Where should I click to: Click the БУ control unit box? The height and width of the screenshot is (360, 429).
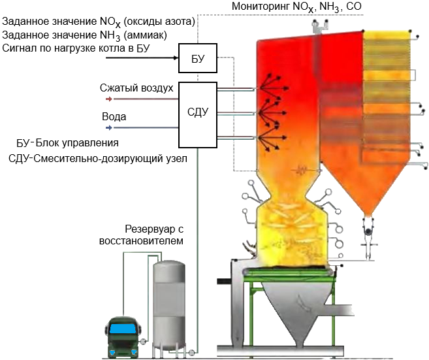[x=198, y=58]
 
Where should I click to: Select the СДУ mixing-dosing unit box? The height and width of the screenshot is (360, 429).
[x=197, y=112]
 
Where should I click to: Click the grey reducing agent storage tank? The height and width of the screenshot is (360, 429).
[x=168, y=304]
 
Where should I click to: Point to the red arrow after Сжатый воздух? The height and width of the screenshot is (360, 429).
[x=110, y=99]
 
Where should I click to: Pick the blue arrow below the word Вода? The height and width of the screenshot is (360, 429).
[x=110, y=128]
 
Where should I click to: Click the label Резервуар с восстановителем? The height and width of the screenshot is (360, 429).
[x=155, y=235]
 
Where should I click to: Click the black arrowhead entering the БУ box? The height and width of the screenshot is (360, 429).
[x=176, y=58]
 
